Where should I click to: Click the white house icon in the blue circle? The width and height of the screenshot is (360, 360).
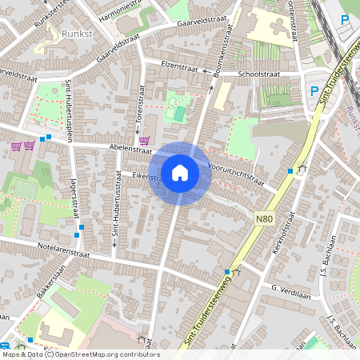[x=180, y=172]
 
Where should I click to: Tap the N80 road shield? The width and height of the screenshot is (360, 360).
[x=265, y=217]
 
